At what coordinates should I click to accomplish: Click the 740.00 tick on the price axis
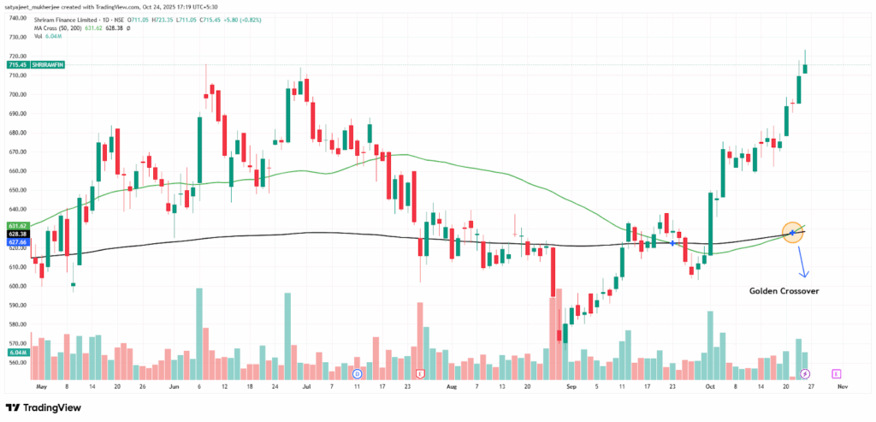[15, 18]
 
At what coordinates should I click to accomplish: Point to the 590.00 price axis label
[15, 305]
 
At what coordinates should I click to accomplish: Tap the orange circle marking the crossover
[793, 233]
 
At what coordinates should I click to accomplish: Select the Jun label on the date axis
[175, 387]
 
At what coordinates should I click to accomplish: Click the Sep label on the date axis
[565, 387]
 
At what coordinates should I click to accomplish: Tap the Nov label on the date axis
[842, 387]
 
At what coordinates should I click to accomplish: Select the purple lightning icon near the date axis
[805, 374]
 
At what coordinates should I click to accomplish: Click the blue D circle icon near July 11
[358, 374]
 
